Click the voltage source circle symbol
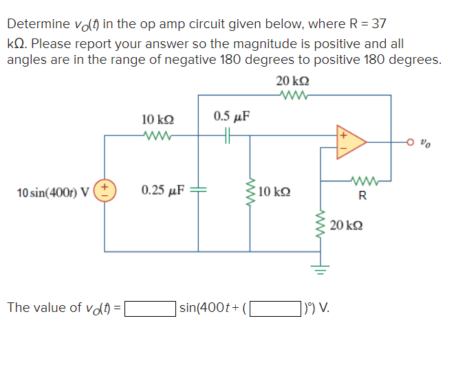tap(105, 190)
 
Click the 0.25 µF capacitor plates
tap(198, 190)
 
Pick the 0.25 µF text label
tap(162, 190)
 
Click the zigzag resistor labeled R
tap(362, 181)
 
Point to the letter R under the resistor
tap(362, 198)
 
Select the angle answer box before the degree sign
tap(275, 307)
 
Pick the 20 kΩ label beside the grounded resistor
tap(346, 225)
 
